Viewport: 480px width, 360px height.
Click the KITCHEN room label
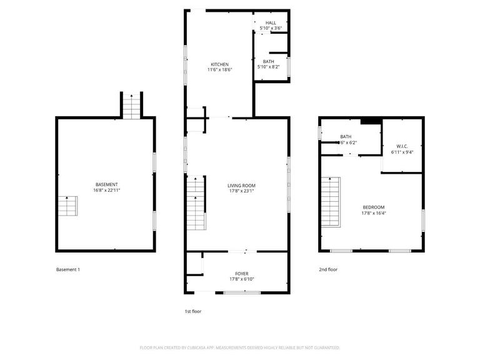click(219, 64)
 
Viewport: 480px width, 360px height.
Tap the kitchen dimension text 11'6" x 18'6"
click(219, 70)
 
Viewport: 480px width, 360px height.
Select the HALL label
click(270, 22)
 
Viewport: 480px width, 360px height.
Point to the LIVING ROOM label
click(241, 185)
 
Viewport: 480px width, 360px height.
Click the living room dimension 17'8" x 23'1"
click(241, 191)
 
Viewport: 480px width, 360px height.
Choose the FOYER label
click(242, 274)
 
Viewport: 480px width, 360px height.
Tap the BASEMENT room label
click(107, 184)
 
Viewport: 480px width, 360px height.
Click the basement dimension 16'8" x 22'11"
click(107, 190)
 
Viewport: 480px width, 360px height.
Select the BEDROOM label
click(374, 207)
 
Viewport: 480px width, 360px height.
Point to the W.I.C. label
click(402, 146)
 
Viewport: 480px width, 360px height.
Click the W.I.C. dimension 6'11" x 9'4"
click(402, 151)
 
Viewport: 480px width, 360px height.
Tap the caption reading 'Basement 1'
click(68, 269)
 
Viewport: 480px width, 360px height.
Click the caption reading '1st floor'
click(192, 311)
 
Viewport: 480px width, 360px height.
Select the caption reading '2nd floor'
click(328, 269)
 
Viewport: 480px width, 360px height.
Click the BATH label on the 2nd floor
click(346, 137)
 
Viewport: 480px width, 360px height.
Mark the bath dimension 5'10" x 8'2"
click(269, 67)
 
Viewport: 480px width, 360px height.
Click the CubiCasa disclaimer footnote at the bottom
click(240, 347)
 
